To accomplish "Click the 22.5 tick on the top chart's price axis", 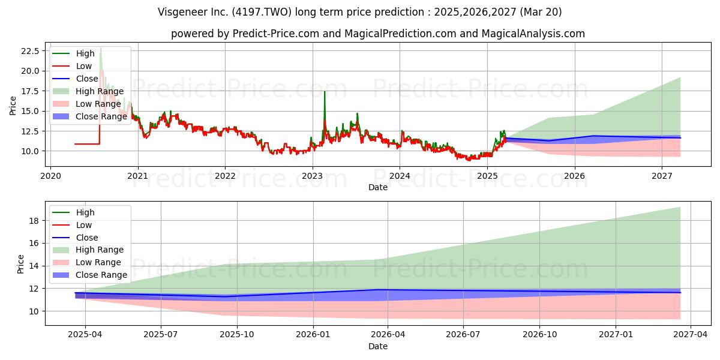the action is pos(30,51).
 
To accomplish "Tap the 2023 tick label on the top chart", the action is pos(313,176).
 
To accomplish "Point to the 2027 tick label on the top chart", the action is pos(662,176).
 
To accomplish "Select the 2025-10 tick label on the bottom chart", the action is pos(237,334).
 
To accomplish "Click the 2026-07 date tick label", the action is pos(463,334).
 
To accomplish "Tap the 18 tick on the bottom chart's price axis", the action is pos(34,221).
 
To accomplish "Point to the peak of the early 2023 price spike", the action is pos(325,92).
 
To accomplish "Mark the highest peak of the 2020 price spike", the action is pos(101,48).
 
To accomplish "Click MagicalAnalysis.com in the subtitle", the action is pos(533,34).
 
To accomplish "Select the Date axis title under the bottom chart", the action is pos(377,346).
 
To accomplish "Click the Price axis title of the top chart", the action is pos(13,106).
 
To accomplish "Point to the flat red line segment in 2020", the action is pos(87,144).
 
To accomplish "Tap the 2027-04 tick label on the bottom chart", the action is pos(691,334).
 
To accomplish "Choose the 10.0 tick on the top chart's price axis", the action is pos(30,151).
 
